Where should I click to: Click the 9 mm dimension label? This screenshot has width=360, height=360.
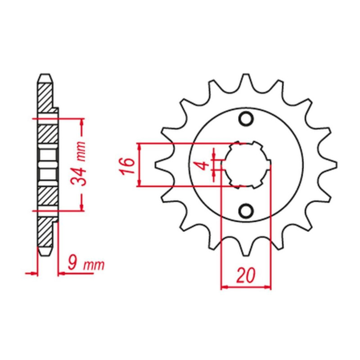point(86,265)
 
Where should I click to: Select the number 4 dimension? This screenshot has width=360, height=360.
point(203,165)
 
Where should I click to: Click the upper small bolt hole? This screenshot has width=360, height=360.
point(246,119)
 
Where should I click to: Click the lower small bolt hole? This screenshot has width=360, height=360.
point(246,210)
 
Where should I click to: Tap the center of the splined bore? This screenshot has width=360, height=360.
point(246,165)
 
